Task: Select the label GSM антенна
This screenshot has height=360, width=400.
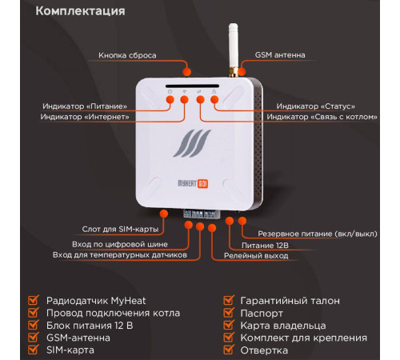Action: pos(279,55)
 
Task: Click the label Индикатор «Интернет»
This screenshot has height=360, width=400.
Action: pos(85,117)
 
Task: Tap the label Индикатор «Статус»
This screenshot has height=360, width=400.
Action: pos(315,106)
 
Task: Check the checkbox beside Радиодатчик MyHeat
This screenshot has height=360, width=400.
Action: pos(34,301)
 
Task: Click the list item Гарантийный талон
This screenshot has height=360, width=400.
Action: pos(290,301)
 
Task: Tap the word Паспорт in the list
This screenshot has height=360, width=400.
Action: pos(261,314)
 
